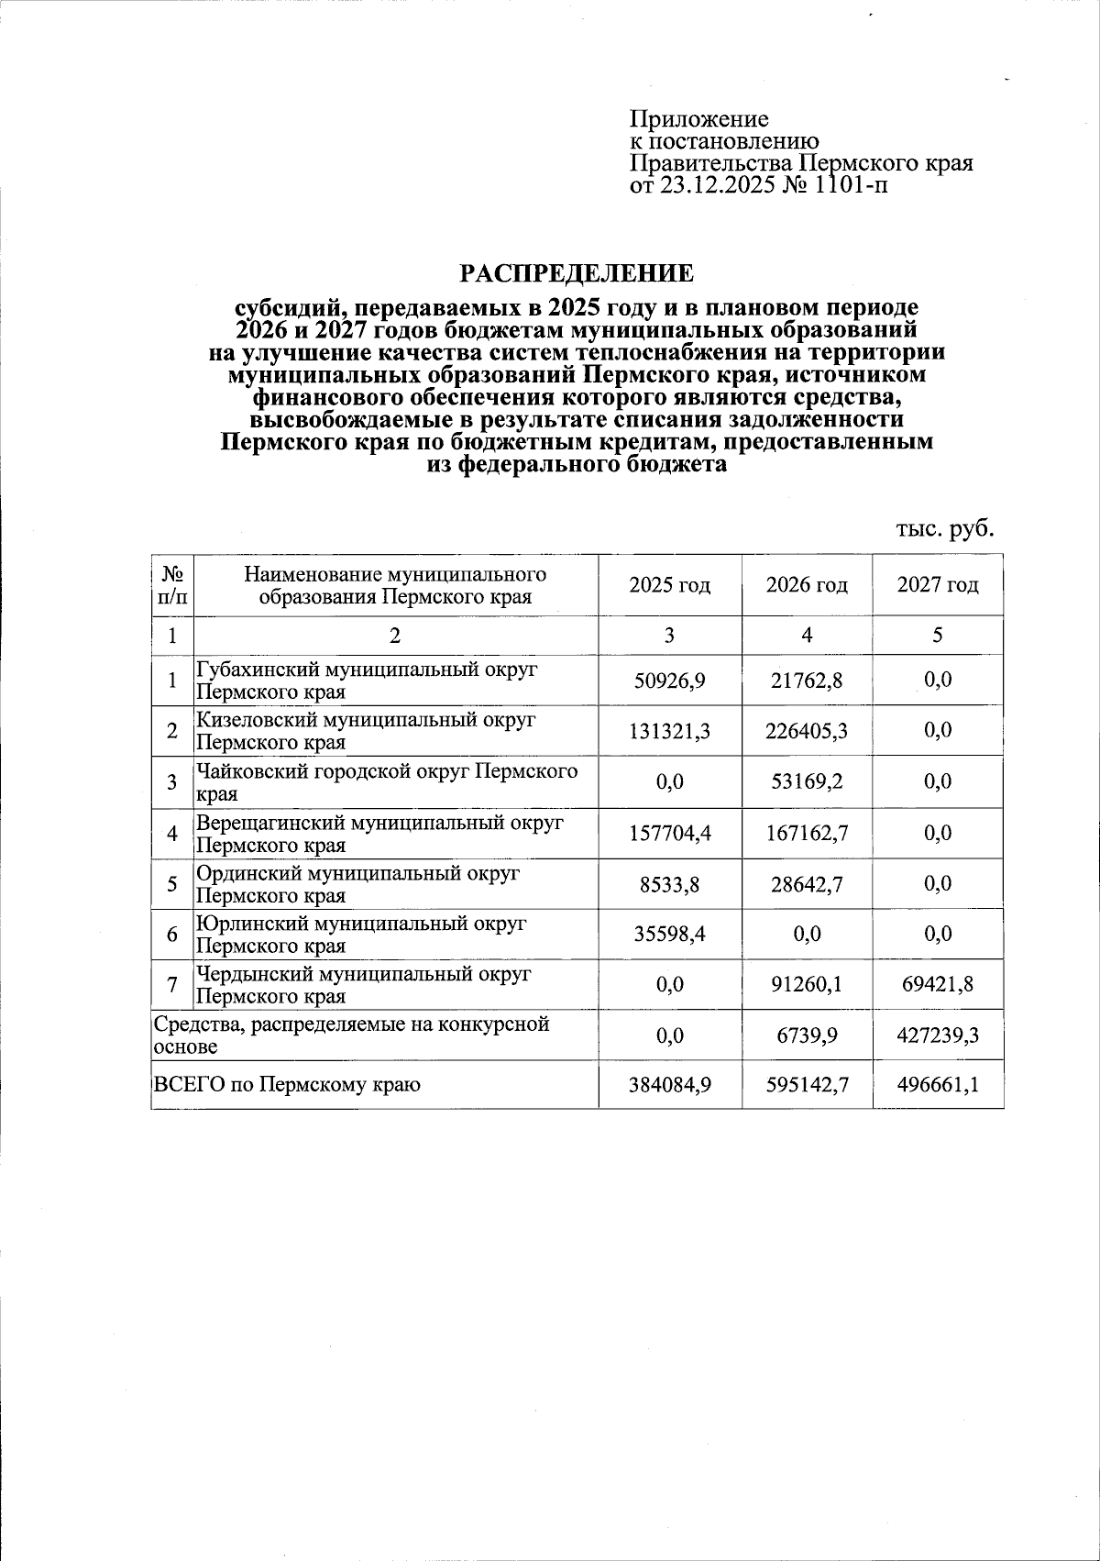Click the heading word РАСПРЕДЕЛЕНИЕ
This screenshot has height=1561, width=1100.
point(577,273)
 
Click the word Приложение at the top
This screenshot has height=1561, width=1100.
point(698,120)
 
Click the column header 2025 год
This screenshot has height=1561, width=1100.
point(669,585)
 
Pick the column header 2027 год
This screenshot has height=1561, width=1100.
point(937,585)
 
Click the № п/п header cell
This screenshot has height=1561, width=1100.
point(173,585)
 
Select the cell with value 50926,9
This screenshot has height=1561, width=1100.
point(669,681)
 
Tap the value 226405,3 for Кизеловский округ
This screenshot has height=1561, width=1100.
point(806,731)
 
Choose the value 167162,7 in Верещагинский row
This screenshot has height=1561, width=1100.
point(806,834)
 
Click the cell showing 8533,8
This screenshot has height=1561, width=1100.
point(669,884)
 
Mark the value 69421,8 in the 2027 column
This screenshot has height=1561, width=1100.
point(937,985)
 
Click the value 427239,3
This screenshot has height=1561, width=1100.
point(937,1036)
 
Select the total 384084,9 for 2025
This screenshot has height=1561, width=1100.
point(669,1086)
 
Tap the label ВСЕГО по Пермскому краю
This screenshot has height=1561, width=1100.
point(287,1086)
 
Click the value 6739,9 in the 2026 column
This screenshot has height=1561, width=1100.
point(806,1036)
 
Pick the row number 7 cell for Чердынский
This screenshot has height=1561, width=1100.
point(172,985)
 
